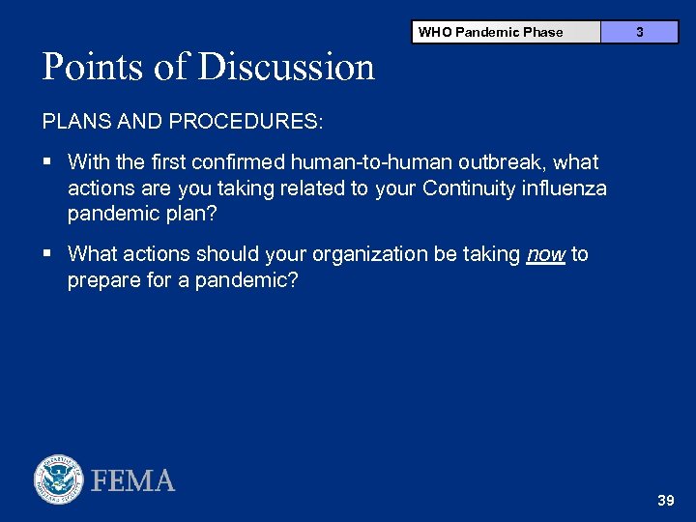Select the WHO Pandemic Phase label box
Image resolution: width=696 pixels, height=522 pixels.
point(490,32)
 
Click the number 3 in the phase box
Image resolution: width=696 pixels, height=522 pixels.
point(639,32)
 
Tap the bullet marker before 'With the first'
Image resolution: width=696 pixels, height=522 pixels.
point(47,162)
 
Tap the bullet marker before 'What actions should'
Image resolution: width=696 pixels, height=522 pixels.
point(47,254)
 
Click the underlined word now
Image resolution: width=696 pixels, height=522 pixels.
point(545,254)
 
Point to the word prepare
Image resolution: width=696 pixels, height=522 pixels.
point(102,279)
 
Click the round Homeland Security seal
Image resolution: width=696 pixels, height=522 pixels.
point(59,479)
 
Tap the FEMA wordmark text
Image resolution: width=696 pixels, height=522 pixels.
point(133,480)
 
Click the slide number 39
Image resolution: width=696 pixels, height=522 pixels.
point(665,501)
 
